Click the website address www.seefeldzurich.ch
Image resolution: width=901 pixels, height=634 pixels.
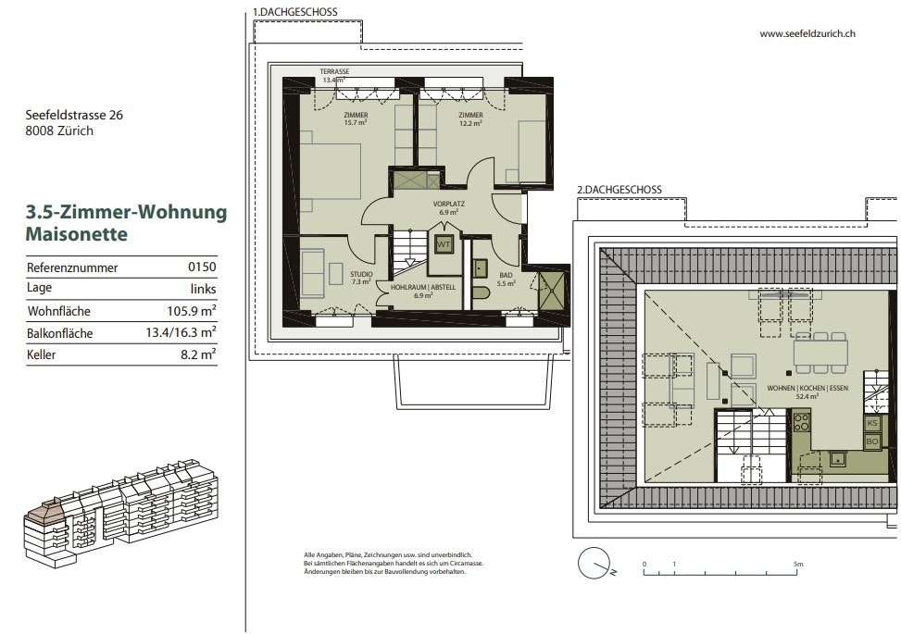(x=807, y=34)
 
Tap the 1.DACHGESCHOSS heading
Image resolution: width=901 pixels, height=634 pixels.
(x=294, y=11)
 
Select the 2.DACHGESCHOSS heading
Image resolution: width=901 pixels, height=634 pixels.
(x=619, y=190)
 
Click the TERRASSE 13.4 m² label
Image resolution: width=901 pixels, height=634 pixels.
(x=334, y=76)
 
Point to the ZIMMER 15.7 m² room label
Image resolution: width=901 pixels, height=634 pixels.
(x=356, y=118)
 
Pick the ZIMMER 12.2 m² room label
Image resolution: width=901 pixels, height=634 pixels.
(x=470, y=118)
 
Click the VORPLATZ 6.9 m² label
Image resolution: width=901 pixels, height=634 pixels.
(x=449, y=208)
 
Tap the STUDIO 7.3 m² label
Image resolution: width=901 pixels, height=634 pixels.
(x=361, y=278)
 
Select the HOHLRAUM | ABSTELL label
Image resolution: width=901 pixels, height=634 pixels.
(x=423, y=287)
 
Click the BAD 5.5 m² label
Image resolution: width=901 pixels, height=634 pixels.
(x=506, y=280)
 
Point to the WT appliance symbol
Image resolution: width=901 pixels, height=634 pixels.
(x=443, y=244)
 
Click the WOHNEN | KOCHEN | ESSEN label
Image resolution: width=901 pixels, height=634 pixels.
(x=807, y=388)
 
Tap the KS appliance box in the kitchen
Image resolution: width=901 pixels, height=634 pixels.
(x=872, y=423)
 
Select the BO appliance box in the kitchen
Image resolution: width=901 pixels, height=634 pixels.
(x=872, y=441)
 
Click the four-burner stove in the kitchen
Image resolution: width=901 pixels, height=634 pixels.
(x=802, y=422)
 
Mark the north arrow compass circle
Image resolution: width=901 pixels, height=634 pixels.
(x=594, y=563)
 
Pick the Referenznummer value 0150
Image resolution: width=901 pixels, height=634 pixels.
(x=202, y=267)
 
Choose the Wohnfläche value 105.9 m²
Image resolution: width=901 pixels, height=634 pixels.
(x=192, y=311)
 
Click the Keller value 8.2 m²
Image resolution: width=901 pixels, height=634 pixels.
(x=198, y=354)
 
